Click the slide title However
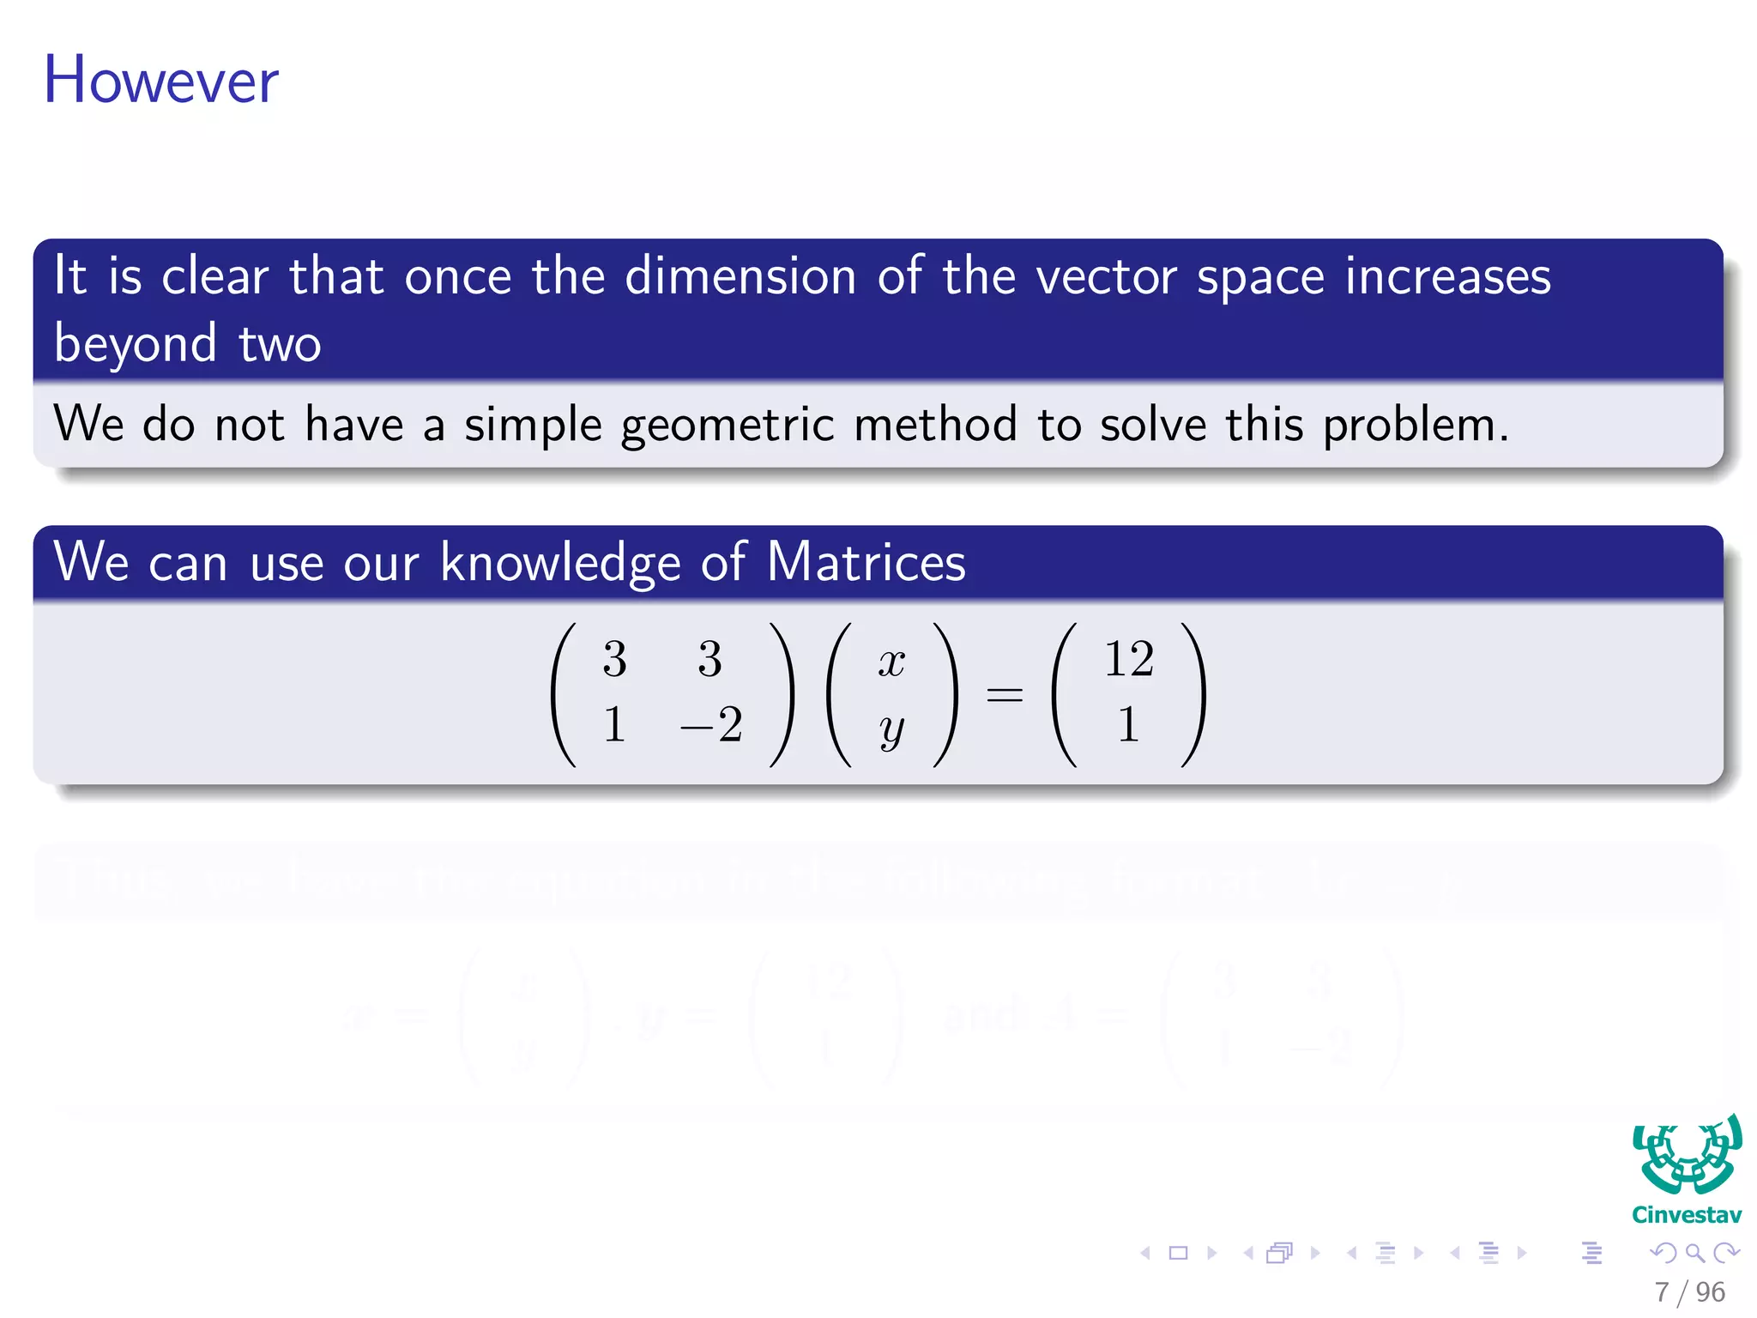160,80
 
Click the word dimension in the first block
740,277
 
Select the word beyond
136,344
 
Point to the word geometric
727,426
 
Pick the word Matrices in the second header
866,563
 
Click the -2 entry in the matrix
711,725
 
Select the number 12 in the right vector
1128,659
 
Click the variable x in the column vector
891,662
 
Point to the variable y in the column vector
891,729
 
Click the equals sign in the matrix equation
1004,693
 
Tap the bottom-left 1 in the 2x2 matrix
613,725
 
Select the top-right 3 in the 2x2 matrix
709,659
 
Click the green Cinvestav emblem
1687,1155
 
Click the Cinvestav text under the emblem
1686,1214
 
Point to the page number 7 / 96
1689,1291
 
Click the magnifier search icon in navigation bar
1694,1253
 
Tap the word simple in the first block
533,426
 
